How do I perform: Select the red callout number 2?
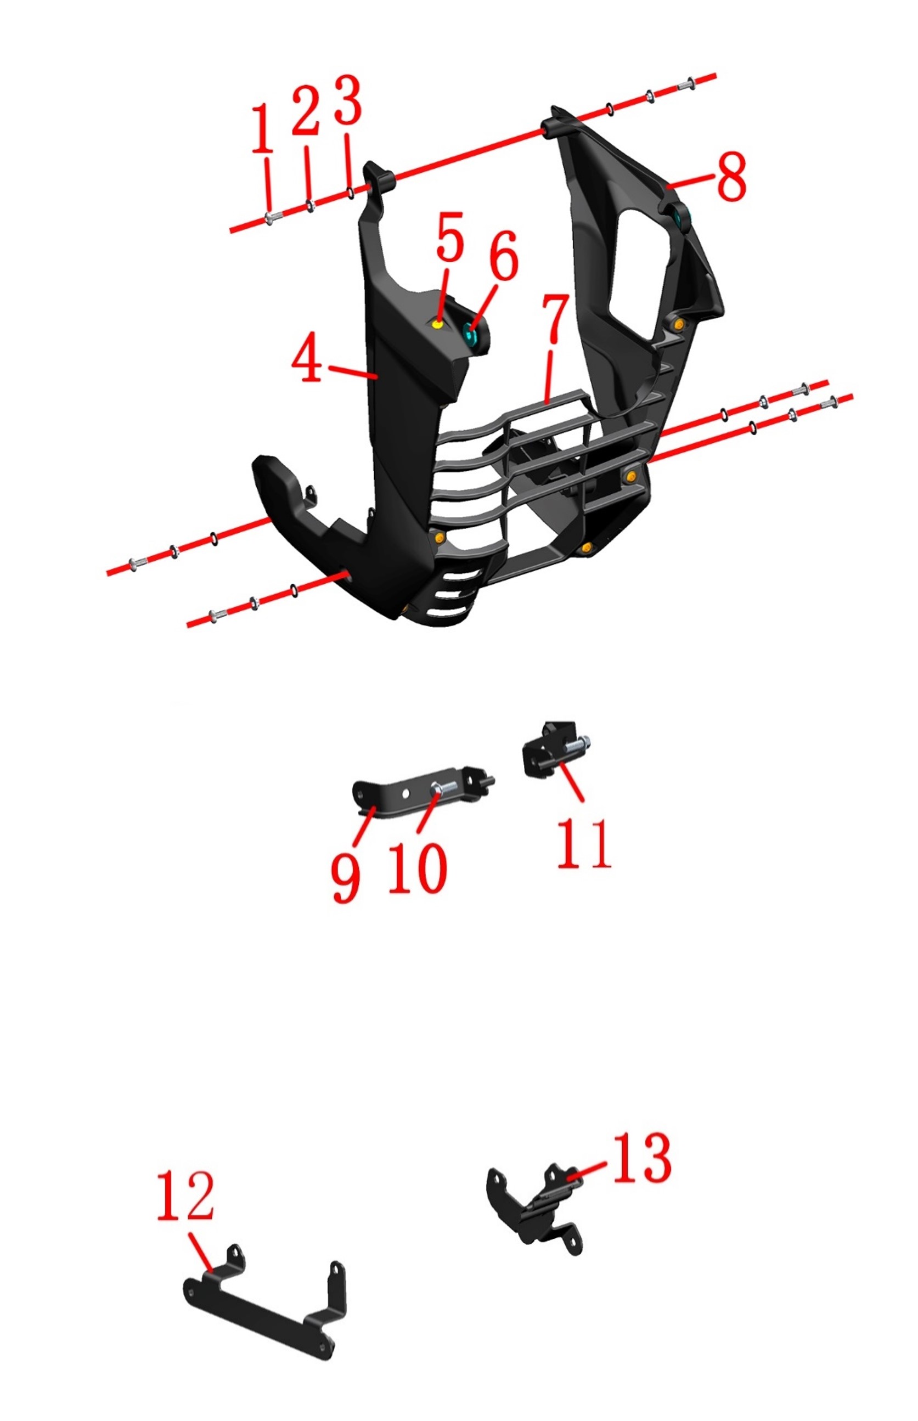point(306,110)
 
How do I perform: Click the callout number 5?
point(449,236)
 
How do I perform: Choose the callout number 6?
point(504,255)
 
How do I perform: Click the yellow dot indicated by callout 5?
point(438,324)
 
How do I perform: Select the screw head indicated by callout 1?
point(269,219)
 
